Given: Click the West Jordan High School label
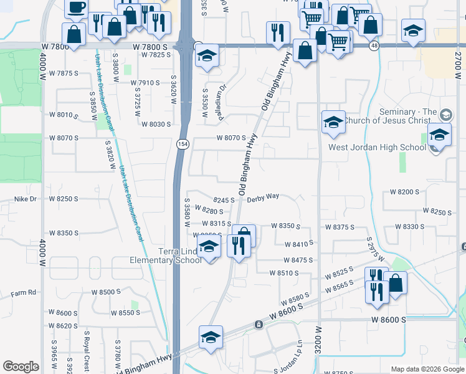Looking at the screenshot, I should coord(378,148).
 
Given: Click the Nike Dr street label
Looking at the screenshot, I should coord(26,199).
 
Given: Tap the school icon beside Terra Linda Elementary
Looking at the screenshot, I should coord(209,249).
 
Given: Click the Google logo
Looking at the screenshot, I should coord(21,367).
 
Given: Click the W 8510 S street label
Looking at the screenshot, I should coord(284,273).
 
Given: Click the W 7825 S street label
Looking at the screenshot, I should coord(156,55).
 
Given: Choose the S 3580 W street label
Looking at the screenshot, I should coord(186,214).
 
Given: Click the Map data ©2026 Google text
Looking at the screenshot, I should coord(426,369).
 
